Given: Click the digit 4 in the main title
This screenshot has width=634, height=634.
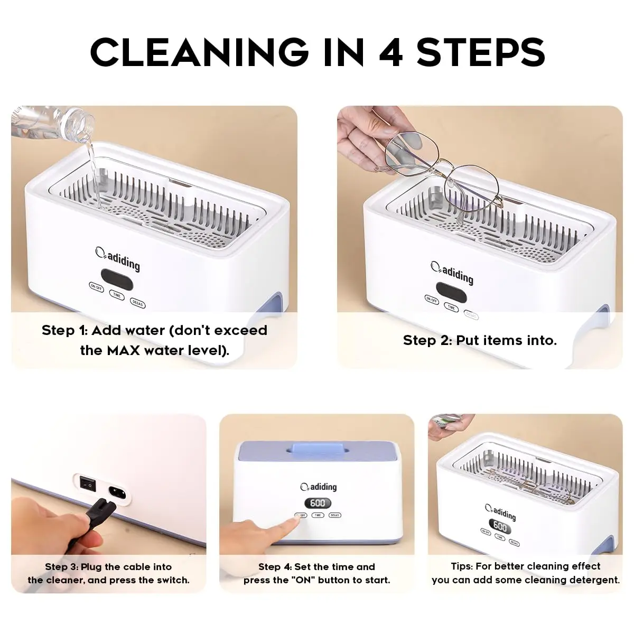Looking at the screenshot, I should pos(391,52).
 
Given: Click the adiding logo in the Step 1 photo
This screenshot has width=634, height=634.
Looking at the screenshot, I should pos(117,258).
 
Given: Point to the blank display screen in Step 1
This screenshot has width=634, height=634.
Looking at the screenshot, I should pos(117,277).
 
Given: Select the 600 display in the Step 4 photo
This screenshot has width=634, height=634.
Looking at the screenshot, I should pos(317,503).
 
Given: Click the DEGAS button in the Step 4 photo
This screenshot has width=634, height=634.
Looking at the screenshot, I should pos(334,515).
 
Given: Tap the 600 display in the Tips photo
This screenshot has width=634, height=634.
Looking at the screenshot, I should pos(500,527).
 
